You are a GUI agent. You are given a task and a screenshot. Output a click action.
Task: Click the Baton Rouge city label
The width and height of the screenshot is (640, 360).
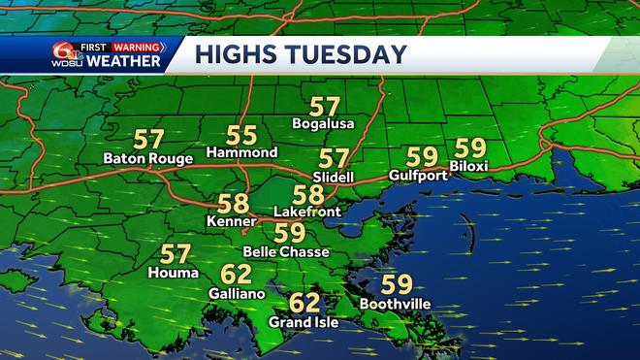(149, 158)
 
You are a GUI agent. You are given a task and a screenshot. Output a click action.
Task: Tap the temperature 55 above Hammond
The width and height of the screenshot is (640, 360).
(241, 135)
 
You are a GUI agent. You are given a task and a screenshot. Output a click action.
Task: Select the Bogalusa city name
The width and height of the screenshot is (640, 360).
(324, 124)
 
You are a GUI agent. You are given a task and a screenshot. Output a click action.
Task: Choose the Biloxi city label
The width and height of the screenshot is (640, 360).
(470, 167)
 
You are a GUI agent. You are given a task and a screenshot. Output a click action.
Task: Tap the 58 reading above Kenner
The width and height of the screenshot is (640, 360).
(232, 204)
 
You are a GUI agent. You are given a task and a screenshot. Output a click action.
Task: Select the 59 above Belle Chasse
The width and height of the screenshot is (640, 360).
(290, 233)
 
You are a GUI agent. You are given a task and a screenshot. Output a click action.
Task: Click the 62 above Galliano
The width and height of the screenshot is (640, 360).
(236, 274)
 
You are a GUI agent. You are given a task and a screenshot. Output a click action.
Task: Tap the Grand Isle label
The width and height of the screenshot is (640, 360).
(304, 322)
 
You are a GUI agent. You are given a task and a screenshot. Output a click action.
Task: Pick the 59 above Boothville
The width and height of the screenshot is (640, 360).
(397, 284)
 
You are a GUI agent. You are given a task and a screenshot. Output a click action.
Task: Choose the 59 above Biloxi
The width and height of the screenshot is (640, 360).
(470, 148)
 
